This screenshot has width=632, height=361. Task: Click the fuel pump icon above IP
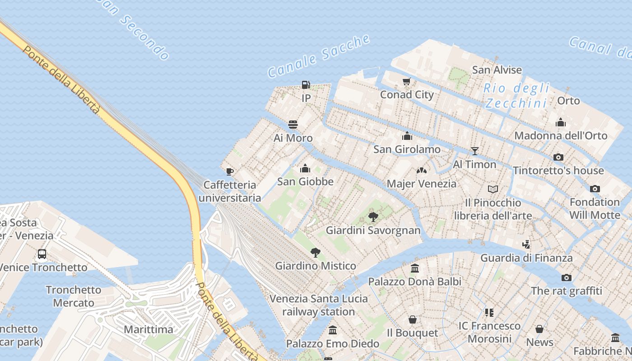[x=306, y=84]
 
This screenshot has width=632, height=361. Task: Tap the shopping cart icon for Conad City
[x=407, y=81]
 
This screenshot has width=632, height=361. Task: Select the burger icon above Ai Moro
[x=293, y=125]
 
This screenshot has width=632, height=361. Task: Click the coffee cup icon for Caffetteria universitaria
[x=230, y=171]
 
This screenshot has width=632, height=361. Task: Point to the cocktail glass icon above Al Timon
[x=474, y=151]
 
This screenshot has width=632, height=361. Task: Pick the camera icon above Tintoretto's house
[x=558, y=157]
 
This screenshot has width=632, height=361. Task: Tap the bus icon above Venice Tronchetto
[x=42, y=254]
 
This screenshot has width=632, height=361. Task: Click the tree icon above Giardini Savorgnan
[x=373, y=217]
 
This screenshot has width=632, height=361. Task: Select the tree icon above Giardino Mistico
[x=316, y=253]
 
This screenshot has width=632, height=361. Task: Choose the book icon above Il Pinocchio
[x=493, y=189]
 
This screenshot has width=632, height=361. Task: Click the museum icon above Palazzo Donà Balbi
[x=415, y=268]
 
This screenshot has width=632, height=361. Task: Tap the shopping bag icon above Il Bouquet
[x=412, y=319]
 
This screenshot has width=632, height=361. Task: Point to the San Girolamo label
[x=407, y=149]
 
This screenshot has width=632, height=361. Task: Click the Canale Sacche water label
[x=319, y=56]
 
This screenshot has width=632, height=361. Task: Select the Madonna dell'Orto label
[x=561, y=135]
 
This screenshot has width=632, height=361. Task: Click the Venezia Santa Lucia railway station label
[x=319, y=305]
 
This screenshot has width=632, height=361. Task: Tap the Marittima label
[x=149, y=329]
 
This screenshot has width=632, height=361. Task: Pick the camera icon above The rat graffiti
[x=567, y=278]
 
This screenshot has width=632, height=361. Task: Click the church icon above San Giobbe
[x=305, y=168]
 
